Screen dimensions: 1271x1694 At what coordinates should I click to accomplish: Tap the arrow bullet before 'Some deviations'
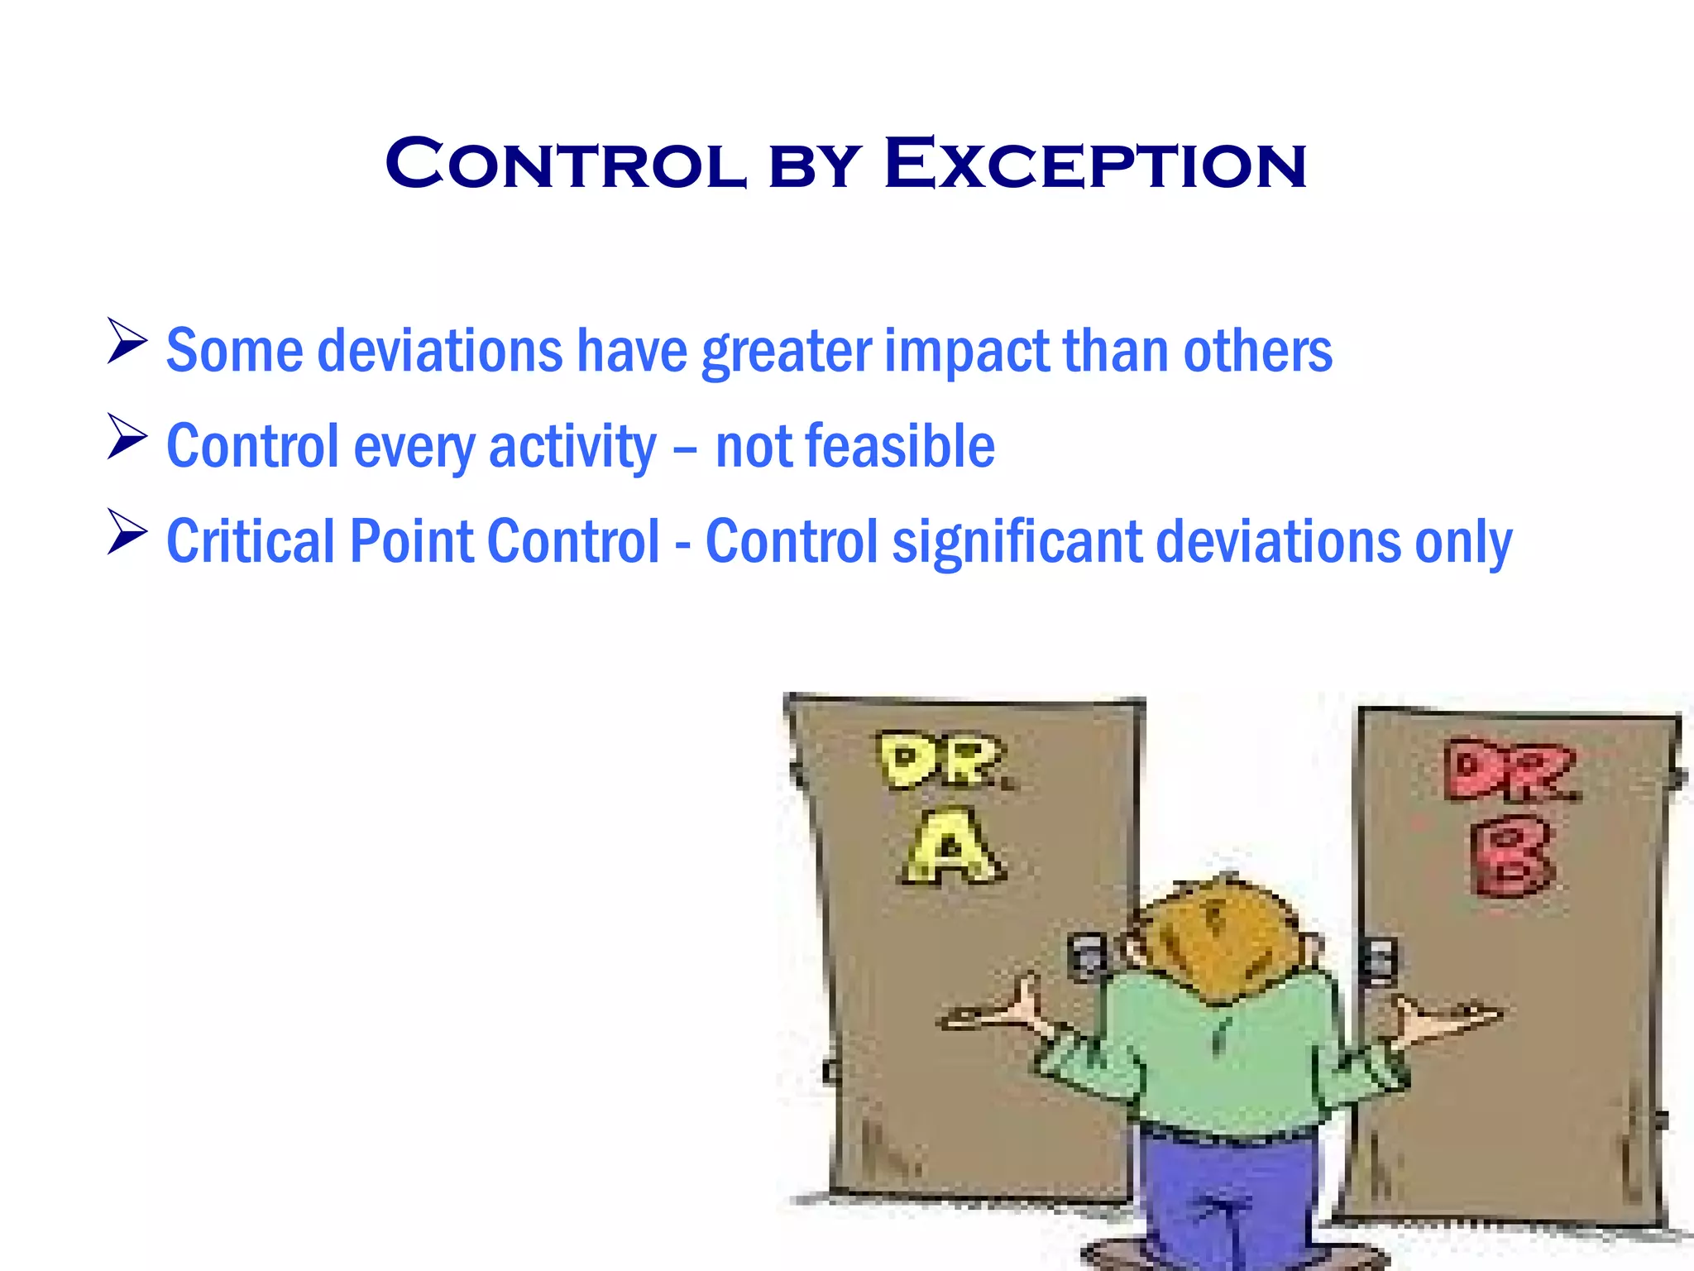tap(127, 342)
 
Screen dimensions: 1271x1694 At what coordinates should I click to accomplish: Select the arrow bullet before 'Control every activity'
tap(127, 437)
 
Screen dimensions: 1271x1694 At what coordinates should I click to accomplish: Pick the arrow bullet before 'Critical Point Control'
tap(127, 532)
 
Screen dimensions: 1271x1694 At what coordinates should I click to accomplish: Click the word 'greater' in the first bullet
tap(787, 352)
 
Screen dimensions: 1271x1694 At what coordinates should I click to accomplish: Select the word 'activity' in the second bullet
tap(572, 447)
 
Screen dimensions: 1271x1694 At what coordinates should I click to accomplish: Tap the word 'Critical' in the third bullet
tap(251, 542)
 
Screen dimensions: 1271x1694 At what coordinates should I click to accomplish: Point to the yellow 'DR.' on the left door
tap(943, 761)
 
